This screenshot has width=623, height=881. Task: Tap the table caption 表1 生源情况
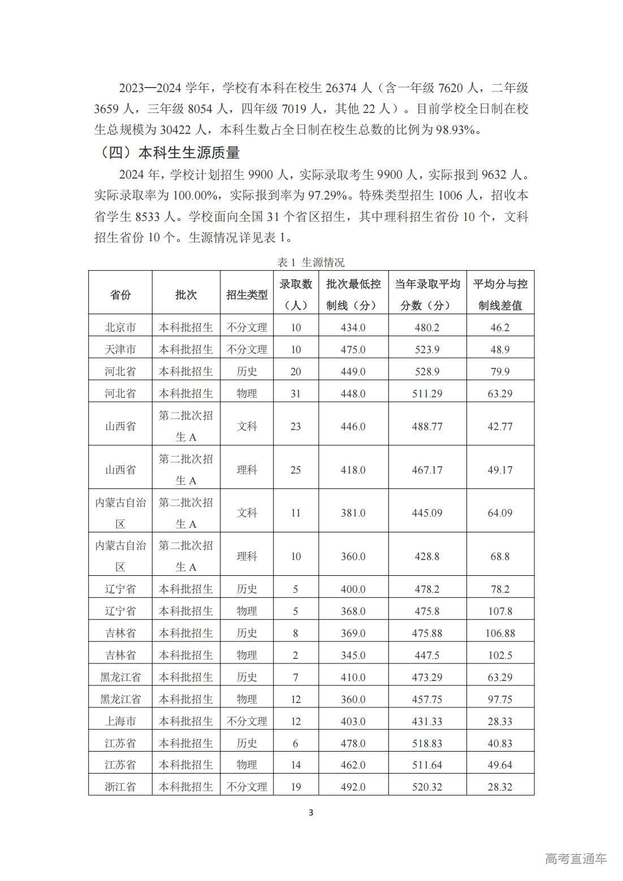(x=310, y=262)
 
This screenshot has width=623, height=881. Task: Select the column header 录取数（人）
(x=296, y=294)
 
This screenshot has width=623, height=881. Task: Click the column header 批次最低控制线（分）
(x=353, y=294)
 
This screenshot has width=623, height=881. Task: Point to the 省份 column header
(x=120, y=294)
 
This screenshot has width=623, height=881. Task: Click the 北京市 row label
(x=120, y=327)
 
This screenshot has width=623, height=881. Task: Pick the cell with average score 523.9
(x=427, y=349)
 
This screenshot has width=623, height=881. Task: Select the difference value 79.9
(x=500, y=371)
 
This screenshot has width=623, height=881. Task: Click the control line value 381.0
(x=353, y=513)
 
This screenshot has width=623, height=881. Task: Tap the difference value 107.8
(x=500, y=611)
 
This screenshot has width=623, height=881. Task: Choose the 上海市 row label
(x=120, y=721)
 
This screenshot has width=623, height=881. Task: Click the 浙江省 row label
(x=120, y=787)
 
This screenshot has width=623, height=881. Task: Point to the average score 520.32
(x=427, y=787)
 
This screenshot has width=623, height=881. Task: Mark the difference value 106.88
(x=500, y=633)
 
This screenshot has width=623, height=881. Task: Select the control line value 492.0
(x=353, y=787)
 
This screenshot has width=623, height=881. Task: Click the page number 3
(x=311, y=813)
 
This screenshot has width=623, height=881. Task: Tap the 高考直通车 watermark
(x=576, y=858)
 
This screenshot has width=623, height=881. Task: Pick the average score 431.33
(x=427, y=721)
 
